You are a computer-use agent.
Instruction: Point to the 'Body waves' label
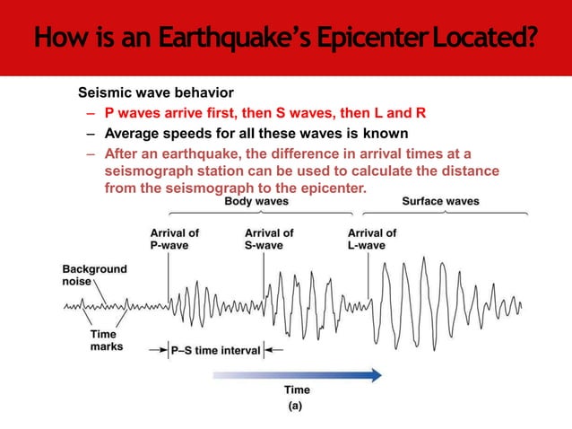(x=256, y=202)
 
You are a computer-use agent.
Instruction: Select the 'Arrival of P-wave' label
(x=174, y=239)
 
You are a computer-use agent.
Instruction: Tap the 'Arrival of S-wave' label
(x=269, y=239)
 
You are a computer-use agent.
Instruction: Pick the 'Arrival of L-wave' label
(x=371, y=239)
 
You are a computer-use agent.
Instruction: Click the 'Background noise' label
(x=94, y=275)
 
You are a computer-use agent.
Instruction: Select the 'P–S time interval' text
(x=216, y=351)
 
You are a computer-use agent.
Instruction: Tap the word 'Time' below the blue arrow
(x=297, y=390)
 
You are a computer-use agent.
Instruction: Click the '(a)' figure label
(x=295, y=406)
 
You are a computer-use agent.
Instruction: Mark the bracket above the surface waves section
(x=443, y=214)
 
